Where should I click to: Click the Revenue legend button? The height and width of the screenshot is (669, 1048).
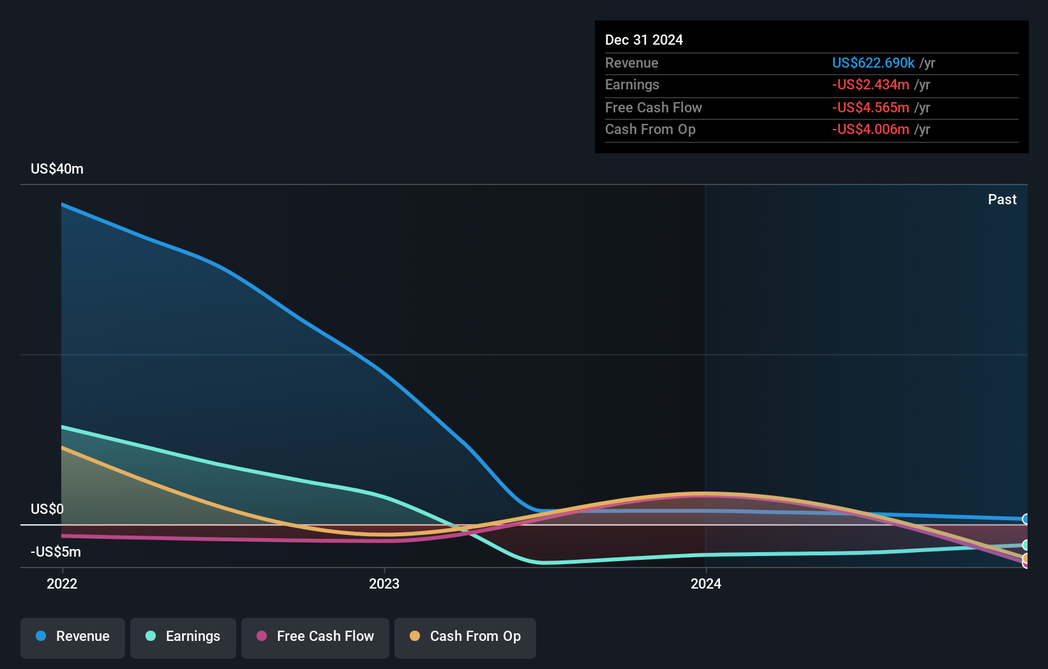click(73, 637)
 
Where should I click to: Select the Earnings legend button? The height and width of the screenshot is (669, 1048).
click(183, 637)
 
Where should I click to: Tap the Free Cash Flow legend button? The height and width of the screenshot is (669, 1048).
click(315, 637)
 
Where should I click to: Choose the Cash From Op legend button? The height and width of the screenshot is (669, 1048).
click(465, 637)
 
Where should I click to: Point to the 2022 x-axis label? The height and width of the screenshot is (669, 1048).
click(62, 583)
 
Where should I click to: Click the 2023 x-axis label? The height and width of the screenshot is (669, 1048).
click(384, 583)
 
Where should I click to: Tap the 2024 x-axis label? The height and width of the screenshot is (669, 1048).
click(706, 583)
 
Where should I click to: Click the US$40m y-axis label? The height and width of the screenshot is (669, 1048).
click(57, 169)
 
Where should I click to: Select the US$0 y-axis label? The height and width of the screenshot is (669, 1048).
click(47, 509)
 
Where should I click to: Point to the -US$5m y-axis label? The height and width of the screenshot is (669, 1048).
click(56, 552)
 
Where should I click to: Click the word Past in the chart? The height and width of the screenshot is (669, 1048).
click(1002, 199)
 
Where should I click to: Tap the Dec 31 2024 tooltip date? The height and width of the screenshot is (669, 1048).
click(643, 40)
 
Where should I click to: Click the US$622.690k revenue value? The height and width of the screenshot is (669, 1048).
click(873, 63)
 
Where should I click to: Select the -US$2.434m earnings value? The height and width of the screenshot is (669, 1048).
click(871, 84)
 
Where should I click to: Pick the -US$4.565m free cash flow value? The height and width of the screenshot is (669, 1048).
click(871, 107)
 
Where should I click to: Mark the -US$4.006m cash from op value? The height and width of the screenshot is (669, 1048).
click(871, 129)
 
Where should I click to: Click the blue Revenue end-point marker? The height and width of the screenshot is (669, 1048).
click(1026, 519)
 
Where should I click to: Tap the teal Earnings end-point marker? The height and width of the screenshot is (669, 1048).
click(1026, 545)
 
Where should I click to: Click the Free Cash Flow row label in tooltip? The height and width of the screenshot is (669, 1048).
click(653, 107)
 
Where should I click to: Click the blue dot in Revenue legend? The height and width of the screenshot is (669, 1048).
click(41, 636)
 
